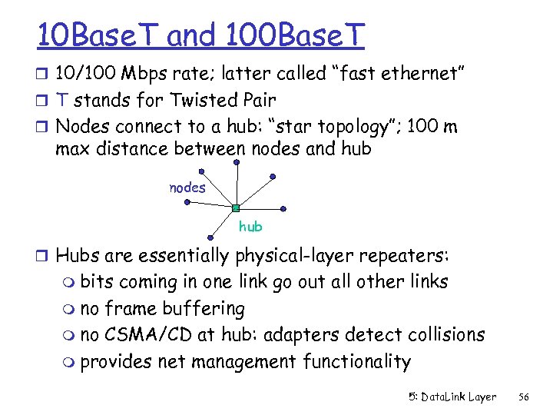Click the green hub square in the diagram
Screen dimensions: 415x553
click(237, 208)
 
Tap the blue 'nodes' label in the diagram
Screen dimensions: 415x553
click(188, 188)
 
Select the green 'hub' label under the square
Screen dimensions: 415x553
click(250, 226)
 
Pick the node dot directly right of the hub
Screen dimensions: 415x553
click(285, 207)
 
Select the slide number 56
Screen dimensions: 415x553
click(524, 397)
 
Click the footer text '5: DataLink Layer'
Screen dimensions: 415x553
click(452, 397)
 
